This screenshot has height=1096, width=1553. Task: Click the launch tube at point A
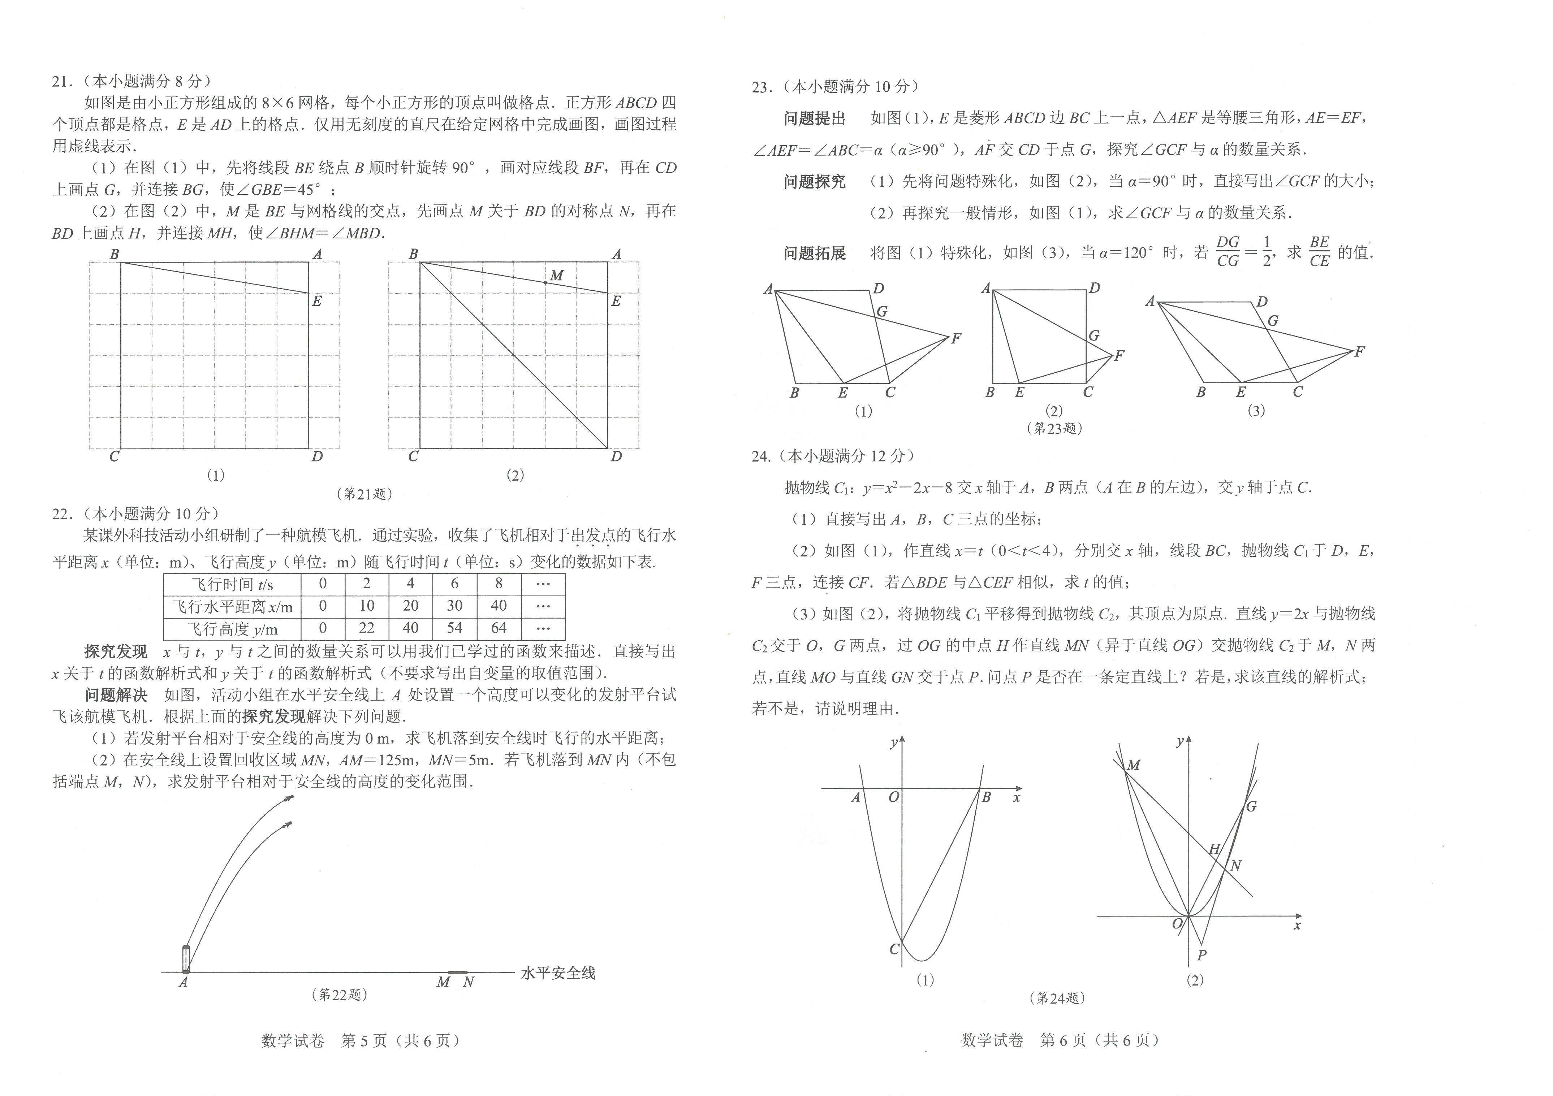click(x=186, y=959)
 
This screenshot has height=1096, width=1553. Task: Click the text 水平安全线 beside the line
click(x=558, y=973)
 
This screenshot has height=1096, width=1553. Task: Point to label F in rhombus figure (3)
click(x=1359, y=352)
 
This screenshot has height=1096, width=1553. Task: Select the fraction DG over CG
click(x=1228, y=251)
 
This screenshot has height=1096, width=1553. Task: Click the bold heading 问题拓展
click(x=814, y=253)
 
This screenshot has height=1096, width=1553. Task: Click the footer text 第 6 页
click(x=1063, y=1040)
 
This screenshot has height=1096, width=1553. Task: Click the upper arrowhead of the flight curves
click(x=289, y=798)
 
